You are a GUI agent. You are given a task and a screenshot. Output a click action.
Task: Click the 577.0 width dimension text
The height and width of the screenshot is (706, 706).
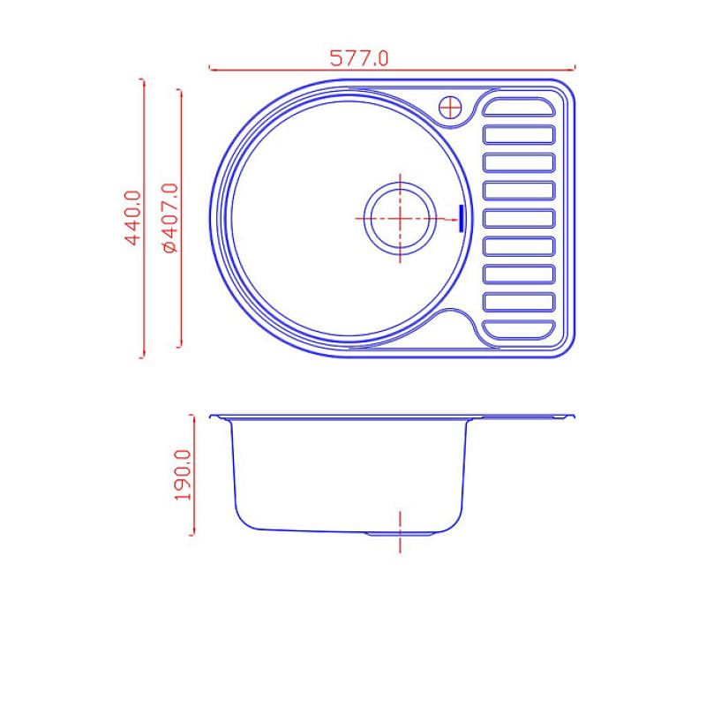point(359,58)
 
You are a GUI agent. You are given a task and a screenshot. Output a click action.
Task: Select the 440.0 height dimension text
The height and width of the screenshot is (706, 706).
point(133,218)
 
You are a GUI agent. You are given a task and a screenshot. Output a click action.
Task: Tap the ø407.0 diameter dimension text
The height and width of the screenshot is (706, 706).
point(170,218)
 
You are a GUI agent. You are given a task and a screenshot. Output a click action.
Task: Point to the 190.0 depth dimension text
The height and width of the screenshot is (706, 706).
point(183,475)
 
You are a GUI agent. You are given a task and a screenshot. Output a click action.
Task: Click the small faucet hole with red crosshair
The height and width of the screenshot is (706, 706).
point(450,108)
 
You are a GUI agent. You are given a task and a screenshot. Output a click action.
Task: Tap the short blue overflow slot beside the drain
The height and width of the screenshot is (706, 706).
point(461,219)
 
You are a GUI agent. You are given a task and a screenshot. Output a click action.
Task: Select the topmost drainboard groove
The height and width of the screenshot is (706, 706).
point(519,107)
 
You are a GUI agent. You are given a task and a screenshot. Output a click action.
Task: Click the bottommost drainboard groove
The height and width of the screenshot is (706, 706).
point(519,329)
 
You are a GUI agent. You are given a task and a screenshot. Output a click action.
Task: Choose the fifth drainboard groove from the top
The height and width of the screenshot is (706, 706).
point(519,218)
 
